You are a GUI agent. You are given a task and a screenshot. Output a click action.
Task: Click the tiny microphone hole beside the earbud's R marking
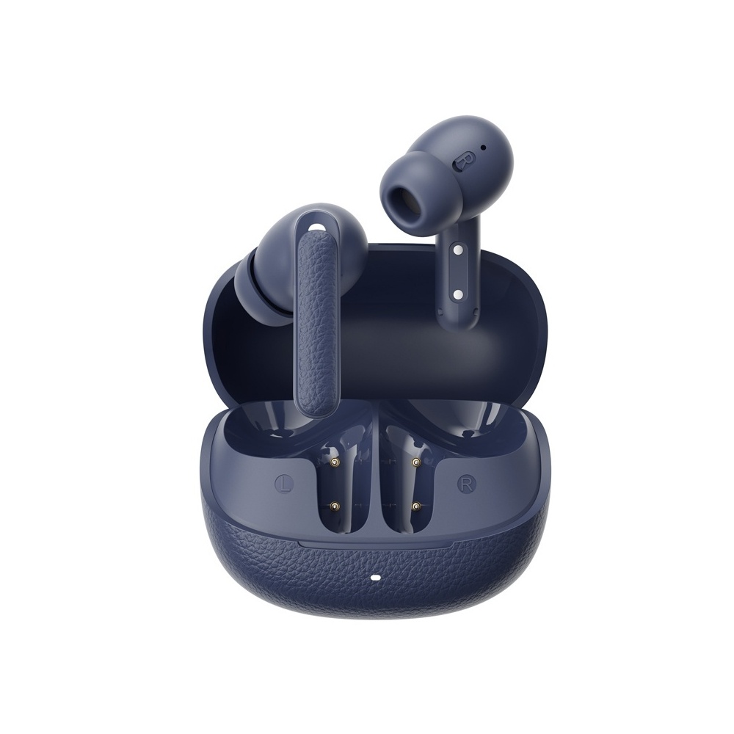point(483,148)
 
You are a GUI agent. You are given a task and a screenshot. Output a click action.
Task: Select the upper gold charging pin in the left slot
point(334,463)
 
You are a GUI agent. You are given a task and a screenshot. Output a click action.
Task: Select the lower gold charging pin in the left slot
point(335,506)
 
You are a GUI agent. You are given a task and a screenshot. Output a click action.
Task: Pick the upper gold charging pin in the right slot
point(414,463)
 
